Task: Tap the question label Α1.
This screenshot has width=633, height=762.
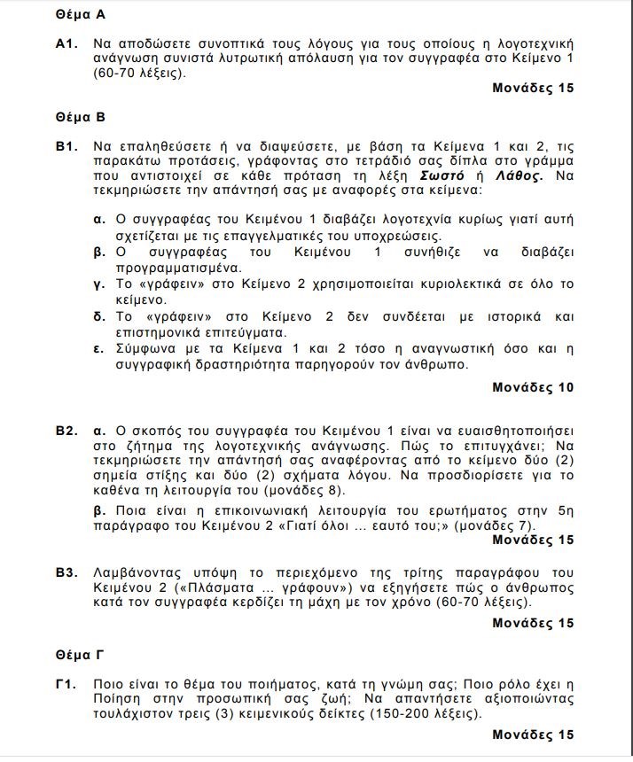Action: click(66, 43)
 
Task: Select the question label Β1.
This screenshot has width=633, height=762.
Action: click(66, 145)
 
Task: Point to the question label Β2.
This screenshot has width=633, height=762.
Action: click(66, 431)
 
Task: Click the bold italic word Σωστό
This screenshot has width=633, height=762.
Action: click(445, 175)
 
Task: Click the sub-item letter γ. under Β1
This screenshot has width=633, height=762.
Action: click(99, 284)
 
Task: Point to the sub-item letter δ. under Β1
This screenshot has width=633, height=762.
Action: click(99, 317)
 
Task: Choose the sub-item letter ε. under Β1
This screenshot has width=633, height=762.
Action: click(99, 348)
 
